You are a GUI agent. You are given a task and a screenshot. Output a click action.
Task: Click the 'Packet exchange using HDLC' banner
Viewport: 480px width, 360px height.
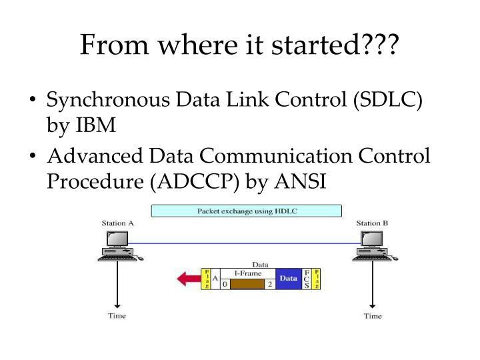coord(247,211)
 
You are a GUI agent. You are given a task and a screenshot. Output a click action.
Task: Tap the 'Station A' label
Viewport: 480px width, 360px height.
coord(118,223)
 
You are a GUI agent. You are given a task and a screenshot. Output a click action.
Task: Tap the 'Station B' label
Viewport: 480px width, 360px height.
coord(372,223)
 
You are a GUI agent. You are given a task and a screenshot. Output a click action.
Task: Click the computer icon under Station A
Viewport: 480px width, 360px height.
coord(117,246)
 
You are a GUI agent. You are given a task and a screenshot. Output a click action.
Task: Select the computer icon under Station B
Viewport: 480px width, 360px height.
coord(371,246)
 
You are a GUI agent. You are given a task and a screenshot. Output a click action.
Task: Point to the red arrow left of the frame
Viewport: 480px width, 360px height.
coord(188,278)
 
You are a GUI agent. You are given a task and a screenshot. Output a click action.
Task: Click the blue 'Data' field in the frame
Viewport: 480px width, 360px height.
coord(288,279)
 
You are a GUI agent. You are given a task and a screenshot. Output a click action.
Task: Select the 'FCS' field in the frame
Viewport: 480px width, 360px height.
coord(307,279)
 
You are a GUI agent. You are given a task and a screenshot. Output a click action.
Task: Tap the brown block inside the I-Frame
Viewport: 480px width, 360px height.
coord(247,284)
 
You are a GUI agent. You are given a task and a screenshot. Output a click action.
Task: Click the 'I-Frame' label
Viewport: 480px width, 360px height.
coord(247,273)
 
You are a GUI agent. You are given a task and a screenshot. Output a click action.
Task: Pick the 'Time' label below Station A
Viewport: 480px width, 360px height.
coord(117,315)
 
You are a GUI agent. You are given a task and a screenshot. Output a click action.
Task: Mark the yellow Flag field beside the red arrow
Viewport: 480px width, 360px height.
coord(206,279)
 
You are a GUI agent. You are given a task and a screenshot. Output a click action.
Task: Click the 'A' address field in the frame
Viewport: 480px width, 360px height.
coord(215,279)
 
